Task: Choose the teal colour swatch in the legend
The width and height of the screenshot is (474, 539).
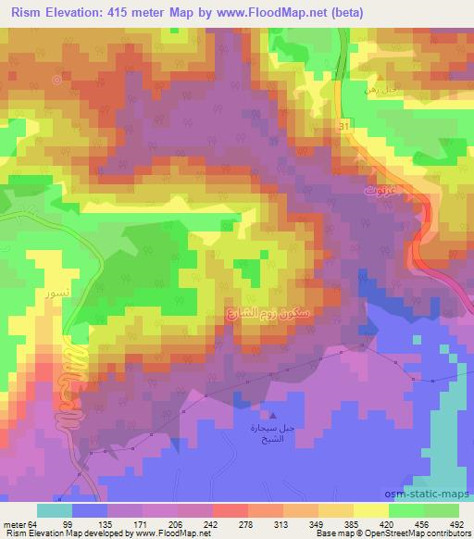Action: coord(55,510)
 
